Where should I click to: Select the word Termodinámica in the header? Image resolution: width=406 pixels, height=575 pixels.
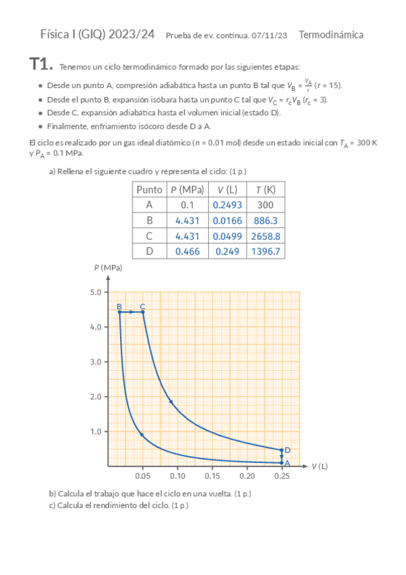point(331,35)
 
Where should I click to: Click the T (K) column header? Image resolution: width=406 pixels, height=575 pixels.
point(266,190)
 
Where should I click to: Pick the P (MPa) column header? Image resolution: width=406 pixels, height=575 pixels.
point(188,190)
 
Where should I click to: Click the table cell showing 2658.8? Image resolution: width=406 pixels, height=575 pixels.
point(266,236)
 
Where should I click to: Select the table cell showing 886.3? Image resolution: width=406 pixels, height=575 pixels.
point(266,220)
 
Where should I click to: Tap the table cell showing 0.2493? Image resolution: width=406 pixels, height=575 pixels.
point(226,205)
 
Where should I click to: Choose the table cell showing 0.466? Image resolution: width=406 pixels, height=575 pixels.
point(188,252)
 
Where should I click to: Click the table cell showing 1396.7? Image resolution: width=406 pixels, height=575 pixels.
point(266,252)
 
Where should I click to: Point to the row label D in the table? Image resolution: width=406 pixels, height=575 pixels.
point(149,252)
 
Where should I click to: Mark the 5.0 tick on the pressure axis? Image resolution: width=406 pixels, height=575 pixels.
point(96,292)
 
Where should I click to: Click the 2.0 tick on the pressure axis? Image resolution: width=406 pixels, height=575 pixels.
point(96,397)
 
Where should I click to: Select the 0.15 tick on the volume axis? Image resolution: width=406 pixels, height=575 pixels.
point(212,477)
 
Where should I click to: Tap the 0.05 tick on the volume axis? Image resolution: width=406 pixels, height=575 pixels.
point(142,477)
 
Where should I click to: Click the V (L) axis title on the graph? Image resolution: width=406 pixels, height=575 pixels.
point(320,467)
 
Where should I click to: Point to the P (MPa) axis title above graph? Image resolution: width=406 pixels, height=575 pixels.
point(108,269)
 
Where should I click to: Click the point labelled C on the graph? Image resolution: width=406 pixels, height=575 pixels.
point(142,312)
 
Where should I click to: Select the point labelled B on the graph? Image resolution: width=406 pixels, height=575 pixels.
point(120,312)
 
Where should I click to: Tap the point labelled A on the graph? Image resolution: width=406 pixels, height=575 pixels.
point(281,463)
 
